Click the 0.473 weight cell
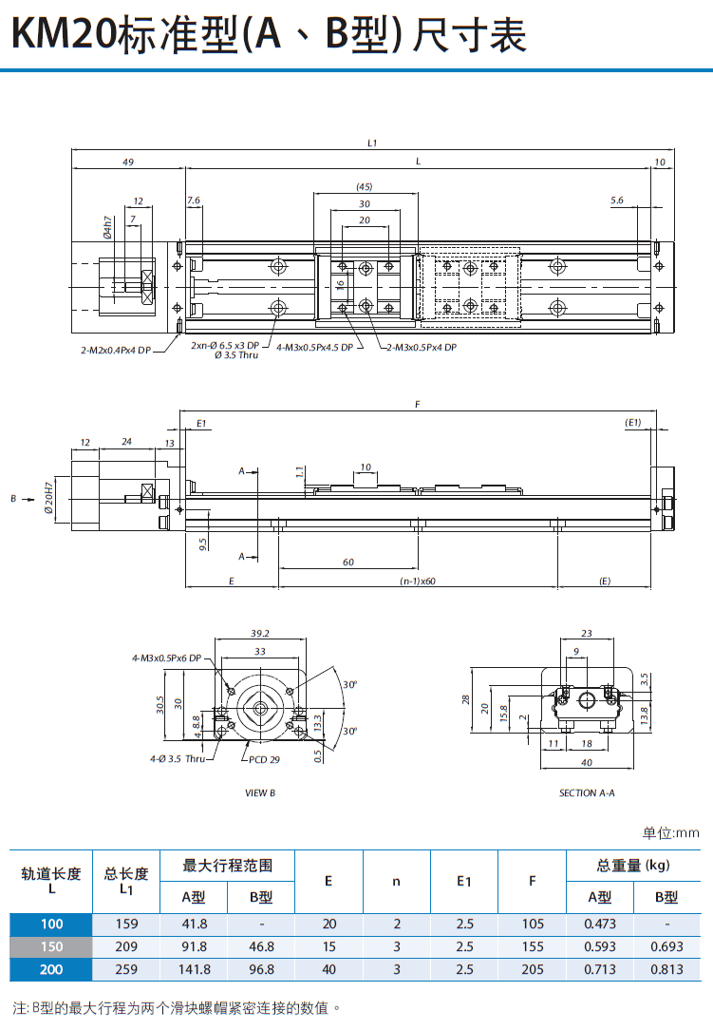[x=600, y=924]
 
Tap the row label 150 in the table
[x=51, y=946]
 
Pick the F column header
[x=532, y=881]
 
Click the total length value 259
[x=126, y=969]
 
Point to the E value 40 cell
[x=329, y=969]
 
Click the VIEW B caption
[x=260, y=792]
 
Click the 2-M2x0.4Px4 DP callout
[x=116, y=350]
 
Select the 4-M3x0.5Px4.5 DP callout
[x=314, y=348]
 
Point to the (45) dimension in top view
[x=364, y=186]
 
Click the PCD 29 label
[x=264, y=759]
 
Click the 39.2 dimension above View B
[x=259, y=634]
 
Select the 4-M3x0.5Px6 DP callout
[x=167, y=658]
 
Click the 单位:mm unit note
[x=670, y=833]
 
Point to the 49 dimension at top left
[x=127, y=162]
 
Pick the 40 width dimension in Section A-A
[x=586, y=761]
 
